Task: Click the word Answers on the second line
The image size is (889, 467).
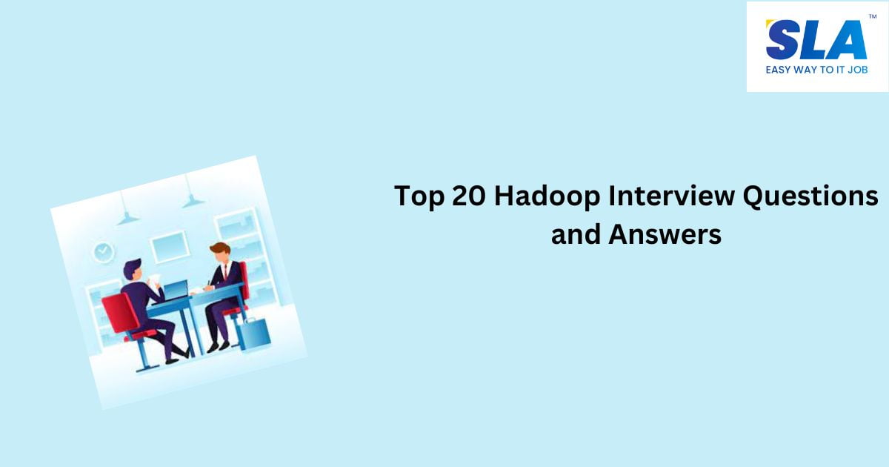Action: click(665, 235)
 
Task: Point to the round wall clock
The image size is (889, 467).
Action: click(103, 252)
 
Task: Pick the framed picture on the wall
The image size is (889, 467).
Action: click(168, 246)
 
